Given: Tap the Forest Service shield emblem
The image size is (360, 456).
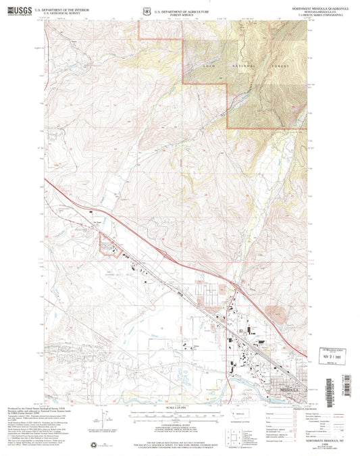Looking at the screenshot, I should point(146,11).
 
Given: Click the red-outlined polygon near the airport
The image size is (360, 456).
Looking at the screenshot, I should point(108,245).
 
